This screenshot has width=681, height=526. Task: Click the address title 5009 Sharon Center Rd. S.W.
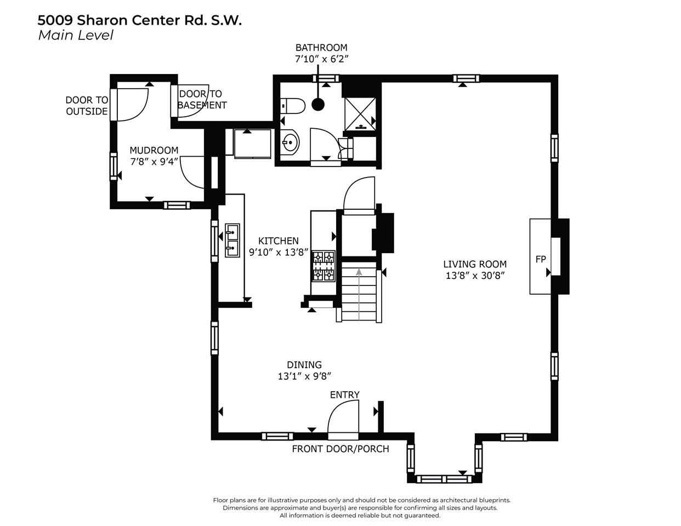[139, 20]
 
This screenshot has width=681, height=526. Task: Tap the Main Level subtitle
[76, 36]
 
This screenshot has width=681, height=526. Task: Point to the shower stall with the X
[360, 114]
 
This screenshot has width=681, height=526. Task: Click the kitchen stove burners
[324, 266]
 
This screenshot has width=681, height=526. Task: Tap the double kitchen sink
[232, 240]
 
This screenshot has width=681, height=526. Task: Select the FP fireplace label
[541, 259]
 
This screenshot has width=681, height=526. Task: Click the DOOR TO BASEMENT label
[202, 100]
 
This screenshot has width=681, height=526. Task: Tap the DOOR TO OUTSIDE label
[87, 106]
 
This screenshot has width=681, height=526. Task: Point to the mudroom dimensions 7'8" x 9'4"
[154, 162]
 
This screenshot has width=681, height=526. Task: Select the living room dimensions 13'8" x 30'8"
[475, 276]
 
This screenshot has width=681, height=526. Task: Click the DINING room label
[304, 365]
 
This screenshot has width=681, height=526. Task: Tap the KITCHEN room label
[279, 241]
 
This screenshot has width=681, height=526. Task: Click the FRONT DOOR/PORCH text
[340, 449]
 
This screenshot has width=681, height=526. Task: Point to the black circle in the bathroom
[318, 105]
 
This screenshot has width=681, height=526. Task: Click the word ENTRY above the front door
[344, 395]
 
